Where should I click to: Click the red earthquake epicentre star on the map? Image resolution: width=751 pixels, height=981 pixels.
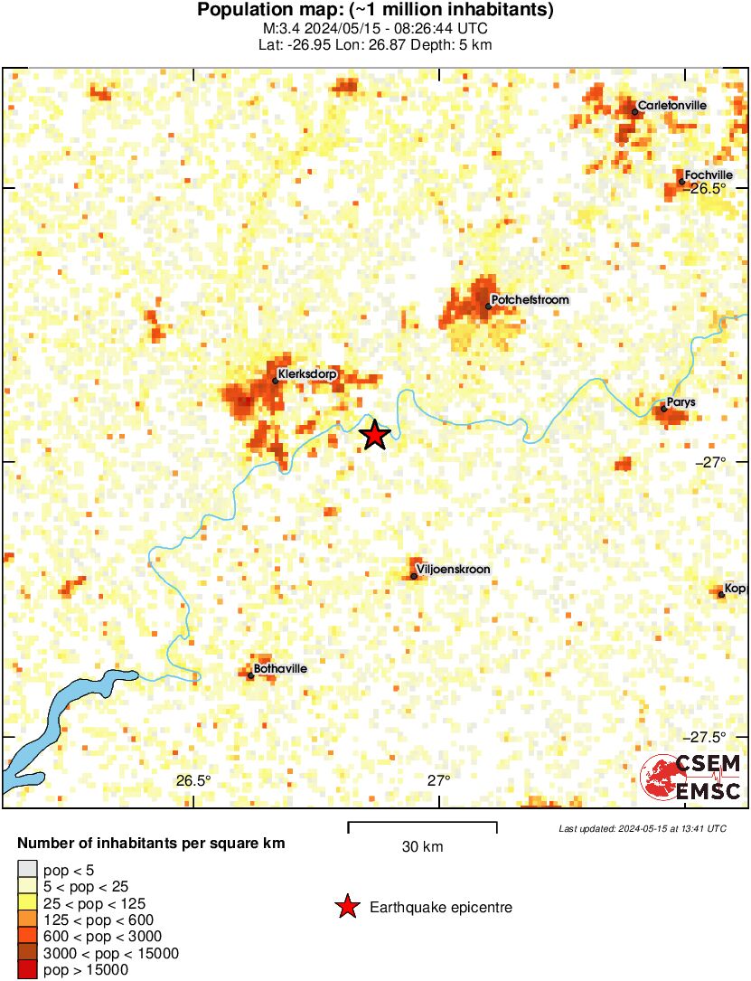coord(374,436)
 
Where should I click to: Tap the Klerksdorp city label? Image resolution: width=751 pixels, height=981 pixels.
coord(303,373)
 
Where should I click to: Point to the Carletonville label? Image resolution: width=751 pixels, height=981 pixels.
coord(671,106)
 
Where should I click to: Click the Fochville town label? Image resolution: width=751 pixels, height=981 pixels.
coord(709,175)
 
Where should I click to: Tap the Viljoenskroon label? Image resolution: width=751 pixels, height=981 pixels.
coord(454,570)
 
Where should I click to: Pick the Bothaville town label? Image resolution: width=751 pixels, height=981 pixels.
coord(281,668)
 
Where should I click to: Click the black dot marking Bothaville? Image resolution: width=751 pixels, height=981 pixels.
coord(250,674)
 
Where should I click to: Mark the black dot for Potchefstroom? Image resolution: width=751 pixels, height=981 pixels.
coord(488,306)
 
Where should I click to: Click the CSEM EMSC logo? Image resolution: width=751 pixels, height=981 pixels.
coord(690,778)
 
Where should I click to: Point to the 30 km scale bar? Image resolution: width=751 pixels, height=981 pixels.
coord(422,824)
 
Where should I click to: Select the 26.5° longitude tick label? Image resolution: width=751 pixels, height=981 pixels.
coord(193,780)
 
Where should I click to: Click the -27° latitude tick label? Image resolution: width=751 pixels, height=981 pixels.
coord(711,462)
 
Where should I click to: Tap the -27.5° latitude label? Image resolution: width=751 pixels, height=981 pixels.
coord(708,736)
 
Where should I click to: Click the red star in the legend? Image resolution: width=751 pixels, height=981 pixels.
coord(346,907)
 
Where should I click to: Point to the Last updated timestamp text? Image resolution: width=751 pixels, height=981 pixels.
coord(643,828)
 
